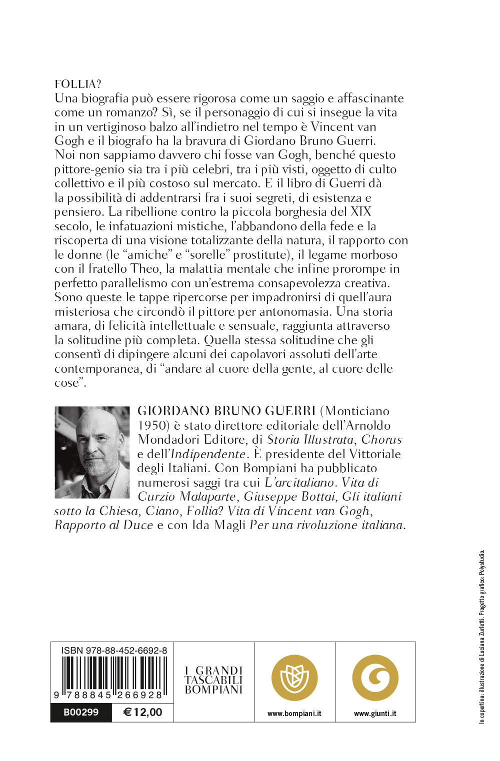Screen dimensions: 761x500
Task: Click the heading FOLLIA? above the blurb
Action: coord(77,84)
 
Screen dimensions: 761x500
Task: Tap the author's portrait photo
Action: coord(92,452)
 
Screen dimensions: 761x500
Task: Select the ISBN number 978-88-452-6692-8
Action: coord(114,650)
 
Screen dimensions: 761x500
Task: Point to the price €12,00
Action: coord(143,712)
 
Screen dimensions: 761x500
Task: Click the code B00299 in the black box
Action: coord(81,712)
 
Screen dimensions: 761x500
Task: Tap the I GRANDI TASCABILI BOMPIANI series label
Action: coord(213,680)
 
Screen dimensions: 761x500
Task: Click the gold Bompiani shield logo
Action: coord(294,678)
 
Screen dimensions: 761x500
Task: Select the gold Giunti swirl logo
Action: coord(375,678)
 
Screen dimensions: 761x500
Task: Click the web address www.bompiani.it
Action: coord(294,714)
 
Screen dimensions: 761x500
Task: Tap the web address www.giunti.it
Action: coord(375,714)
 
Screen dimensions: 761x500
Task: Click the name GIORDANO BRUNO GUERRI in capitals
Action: coord(226,411)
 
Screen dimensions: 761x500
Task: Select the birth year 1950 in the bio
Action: coord(151,426)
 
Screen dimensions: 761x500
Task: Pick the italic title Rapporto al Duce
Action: coord(103,525)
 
